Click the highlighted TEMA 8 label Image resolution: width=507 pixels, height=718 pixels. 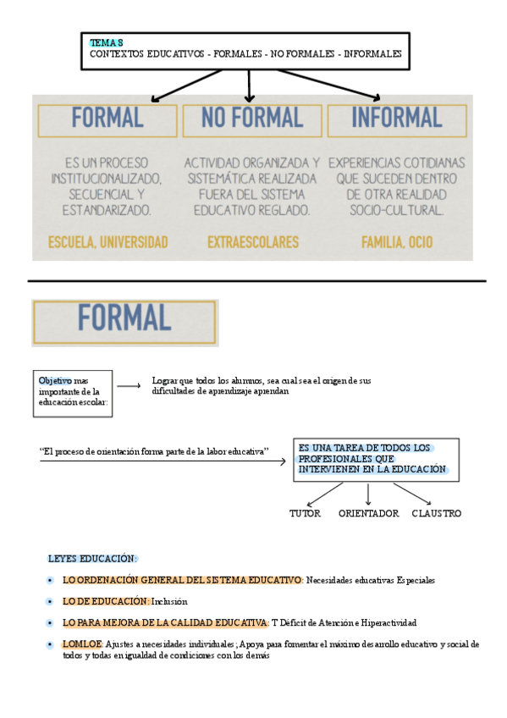point(107,42)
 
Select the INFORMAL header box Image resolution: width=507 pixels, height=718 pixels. point(396,119)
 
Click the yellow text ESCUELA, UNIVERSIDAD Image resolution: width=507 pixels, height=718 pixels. point(107,242)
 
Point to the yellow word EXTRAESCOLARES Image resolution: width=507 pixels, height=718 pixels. point(253,242)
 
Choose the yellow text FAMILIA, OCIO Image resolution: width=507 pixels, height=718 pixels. point(396,242)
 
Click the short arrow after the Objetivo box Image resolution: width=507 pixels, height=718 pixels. point(129,386)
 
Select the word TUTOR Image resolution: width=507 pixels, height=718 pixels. point(306,513)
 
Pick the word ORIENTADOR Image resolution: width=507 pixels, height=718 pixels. point(368,513)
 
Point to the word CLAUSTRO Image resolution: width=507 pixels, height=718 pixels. point(437,513)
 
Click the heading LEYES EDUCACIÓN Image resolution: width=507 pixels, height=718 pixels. point(91,559)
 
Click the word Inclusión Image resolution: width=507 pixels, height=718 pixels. point(169,601)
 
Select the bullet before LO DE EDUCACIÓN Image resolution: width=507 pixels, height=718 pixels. point(51,601)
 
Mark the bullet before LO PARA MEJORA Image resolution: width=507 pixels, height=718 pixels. point(51,623)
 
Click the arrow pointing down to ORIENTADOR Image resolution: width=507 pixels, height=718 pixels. point(367,495)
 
